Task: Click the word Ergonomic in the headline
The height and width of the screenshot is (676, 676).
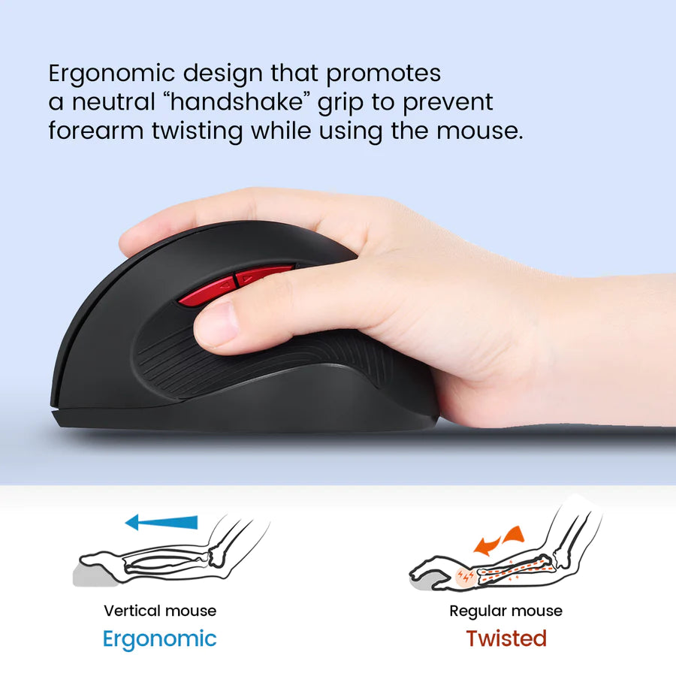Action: (x=111, y=74)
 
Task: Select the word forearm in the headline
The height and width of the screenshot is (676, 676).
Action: (x=95, y=131)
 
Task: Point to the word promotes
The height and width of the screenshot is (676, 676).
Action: (x=383, y=74)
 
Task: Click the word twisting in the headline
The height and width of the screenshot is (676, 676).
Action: (x=198, y=131)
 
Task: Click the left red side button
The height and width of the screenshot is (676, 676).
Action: (x=206, y=291)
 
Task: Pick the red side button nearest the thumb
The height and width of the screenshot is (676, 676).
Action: (x=258, y=275)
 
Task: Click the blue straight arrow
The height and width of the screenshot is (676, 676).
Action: (x=161, y=522)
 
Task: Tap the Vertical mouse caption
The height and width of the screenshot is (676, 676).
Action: (x=160, y=611)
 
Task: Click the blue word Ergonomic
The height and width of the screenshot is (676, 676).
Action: (x=159, y=639)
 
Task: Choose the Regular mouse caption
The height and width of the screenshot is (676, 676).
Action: (x=505, y=611)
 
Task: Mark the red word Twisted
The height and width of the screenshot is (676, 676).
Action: (x=506, y=638)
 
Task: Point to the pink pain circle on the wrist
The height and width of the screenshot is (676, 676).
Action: (x=466, y=576)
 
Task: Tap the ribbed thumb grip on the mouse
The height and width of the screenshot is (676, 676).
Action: (x=258, y=362)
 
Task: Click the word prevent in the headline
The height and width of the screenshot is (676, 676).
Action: (x=448, y=103)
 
